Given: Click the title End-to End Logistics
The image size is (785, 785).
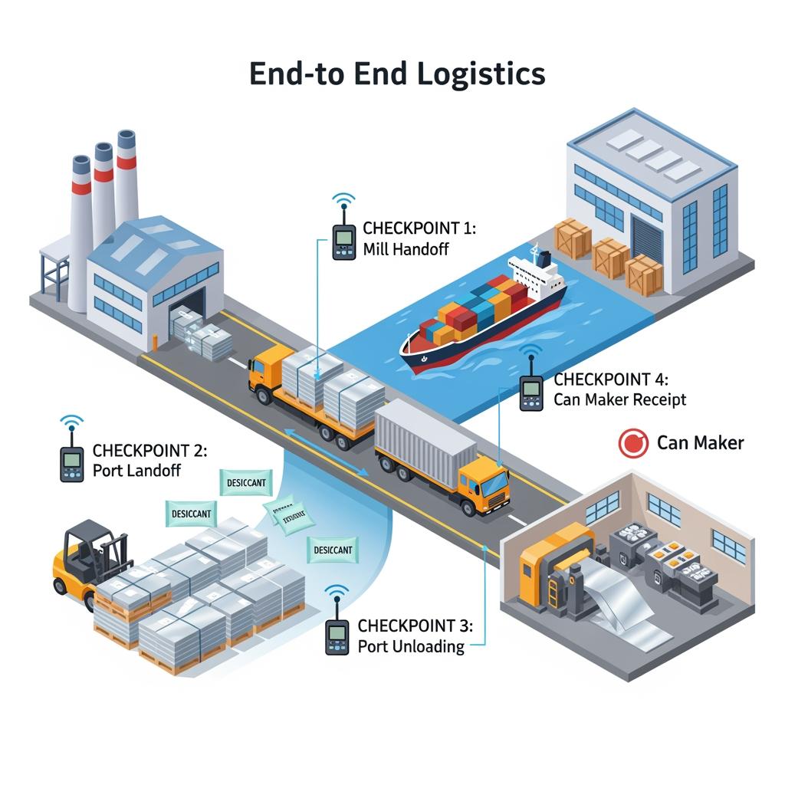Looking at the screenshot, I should [397, 74].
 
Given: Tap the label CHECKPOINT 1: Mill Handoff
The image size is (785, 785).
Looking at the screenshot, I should [419, 238].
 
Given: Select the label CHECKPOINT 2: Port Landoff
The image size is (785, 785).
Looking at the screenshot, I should [149, 460].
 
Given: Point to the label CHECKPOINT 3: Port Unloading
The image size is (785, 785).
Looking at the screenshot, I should [415, 636].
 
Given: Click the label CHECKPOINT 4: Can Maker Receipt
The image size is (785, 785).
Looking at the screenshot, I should [619, 389].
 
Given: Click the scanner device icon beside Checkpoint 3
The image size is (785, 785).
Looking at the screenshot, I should [337, 636].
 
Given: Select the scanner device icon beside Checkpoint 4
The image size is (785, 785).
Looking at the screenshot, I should [530, 392].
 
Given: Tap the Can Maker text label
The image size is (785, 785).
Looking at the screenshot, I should [700, 443].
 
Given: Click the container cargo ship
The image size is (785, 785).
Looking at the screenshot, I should [483, 314].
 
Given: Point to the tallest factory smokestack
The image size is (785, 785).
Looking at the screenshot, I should [126, 180].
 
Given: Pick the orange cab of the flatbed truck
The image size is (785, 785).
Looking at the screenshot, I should [264, 372].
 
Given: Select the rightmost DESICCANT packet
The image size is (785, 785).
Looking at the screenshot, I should [332, 549].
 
